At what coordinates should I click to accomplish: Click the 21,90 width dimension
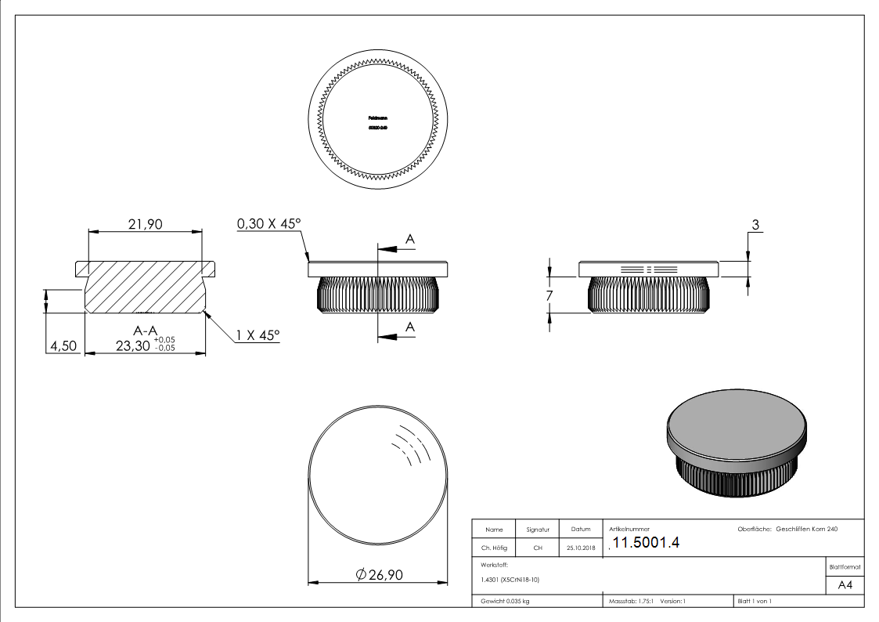pos(145,224)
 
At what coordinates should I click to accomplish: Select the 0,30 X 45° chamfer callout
pos(268,224)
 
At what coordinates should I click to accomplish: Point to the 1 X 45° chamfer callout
pos(258,335)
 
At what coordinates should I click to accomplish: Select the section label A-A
pos(146,331)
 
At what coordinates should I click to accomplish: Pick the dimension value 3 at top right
pos(755,225)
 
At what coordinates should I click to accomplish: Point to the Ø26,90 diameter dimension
pos(379,575)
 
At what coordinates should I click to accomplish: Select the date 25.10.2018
pos(580,548)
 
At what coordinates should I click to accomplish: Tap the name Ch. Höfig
pos(494,548)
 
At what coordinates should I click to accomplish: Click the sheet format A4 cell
pos(845,585)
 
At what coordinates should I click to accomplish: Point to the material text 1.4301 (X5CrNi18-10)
pos(510,580)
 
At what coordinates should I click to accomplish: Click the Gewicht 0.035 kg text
pos(505,602)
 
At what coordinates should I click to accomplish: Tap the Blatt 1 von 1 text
pos(754,602)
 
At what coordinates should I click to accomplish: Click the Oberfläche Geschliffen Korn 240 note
pos(787,530)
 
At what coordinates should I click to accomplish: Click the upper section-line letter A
pos(409,237)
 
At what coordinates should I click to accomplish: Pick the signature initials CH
pos(538,548)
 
